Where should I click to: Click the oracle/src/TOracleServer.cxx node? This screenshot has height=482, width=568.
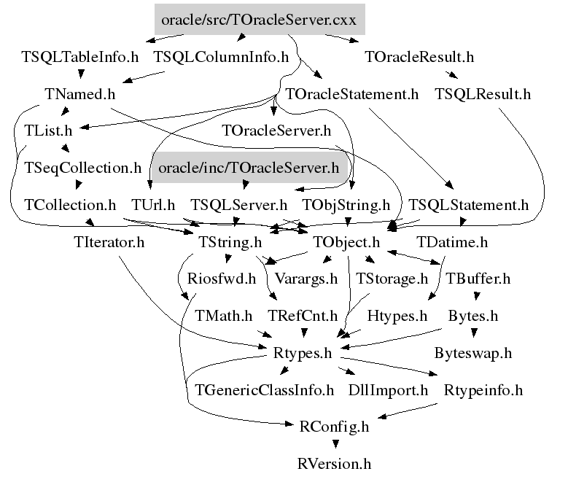tap(260, 20)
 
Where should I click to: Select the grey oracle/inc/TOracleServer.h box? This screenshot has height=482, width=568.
tap(249, 168)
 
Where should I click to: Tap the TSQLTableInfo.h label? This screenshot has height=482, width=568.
tap(80, 57)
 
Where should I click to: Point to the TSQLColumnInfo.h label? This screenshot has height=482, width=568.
tap(222, 57)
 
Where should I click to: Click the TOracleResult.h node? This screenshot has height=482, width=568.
tap(419, 57)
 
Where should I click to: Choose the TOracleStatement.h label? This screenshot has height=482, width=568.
tap(351, 94)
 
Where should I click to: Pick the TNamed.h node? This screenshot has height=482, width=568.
tap(80, 94)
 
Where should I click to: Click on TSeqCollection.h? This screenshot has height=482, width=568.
tap(82, 168)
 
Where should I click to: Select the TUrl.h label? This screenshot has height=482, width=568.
tap(153, 205)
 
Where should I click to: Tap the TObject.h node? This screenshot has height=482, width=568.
tap(346, 242)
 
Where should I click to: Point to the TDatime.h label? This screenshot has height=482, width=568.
tap(452, 242)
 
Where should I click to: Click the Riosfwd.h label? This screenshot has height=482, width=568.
tap(222, 279)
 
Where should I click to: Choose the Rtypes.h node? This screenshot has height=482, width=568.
tap(303, 353)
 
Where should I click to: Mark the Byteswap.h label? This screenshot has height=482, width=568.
tap(473, 353)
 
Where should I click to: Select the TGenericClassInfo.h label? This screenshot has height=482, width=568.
tap(265, 390)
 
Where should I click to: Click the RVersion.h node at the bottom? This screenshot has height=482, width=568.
tap(335, 464)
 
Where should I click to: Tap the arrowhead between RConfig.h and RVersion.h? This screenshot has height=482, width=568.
tap(336, 443)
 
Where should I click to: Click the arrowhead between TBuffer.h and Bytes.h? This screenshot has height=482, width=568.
tap(477, 296)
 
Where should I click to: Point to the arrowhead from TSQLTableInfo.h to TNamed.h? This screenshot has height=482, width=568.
tap(81, 74)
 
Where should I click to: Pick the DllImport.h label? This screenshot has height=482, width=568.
tap(388, 390)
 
